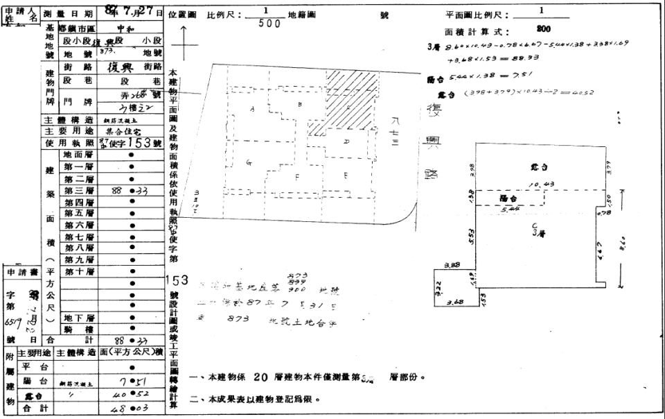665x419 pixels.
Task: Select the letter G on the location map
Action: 247,162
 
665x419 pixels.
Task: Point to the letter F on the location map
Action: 297,177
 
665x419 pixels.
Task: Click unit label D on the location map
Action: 346,141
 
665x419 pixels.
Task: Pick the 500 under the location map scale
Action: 269,24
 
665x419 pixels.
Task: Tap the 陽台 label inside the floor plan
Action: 509,198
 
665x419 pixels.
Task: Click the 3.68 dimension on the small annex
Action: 455,302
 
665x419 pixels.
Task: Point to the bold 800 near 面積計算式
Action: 544,30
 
